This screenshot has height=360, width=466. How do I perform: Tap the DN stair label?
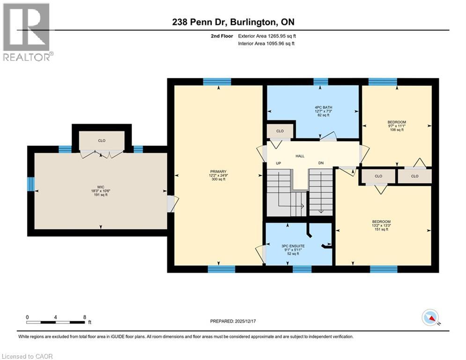(320, 163)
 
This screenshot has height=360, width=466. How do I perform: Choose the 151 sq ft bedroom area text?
(381, 229)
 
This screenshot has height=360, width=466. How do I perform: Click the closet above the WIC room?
(102, 140)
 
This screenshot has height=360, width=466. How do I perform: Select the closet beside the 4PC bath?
(280, 131)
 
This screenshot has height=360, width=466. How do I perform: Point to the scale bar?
(56, 322)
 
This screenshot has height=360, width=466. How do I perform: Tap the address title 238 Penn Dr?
(232, 22)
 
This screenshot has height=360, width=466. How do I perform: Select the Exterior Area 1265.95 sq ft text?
(267, 36)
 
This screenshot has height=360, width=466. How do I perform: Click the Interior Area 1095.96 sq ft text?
(267, 44)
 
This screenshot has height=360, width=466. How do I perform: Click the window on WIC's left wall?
(31, 184)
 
